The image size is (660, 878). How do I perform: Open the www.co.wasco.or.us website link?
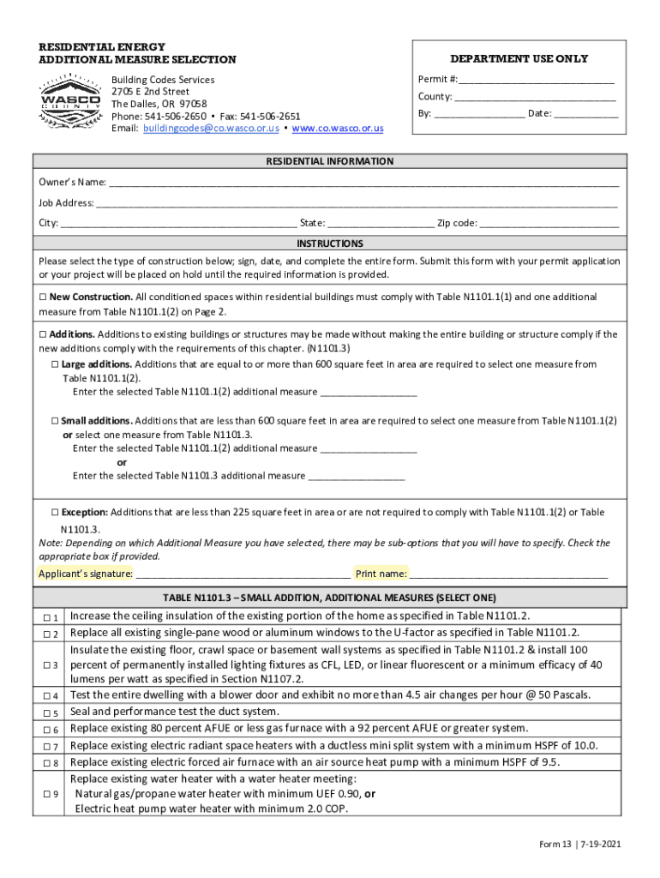[338, 129]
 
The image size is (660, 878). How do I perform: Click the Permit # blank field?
[537, 81]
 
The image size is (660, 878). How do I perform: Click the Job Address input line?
[357, 204]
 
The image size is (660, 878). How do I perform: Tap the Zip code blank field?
[549, 225]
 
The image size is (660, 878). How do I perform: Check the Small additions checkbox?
[55, 422]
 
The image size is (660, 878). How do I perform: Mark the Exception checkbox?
[55, 513]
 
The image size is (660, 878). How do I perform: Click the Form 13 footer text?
[579, 845]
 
